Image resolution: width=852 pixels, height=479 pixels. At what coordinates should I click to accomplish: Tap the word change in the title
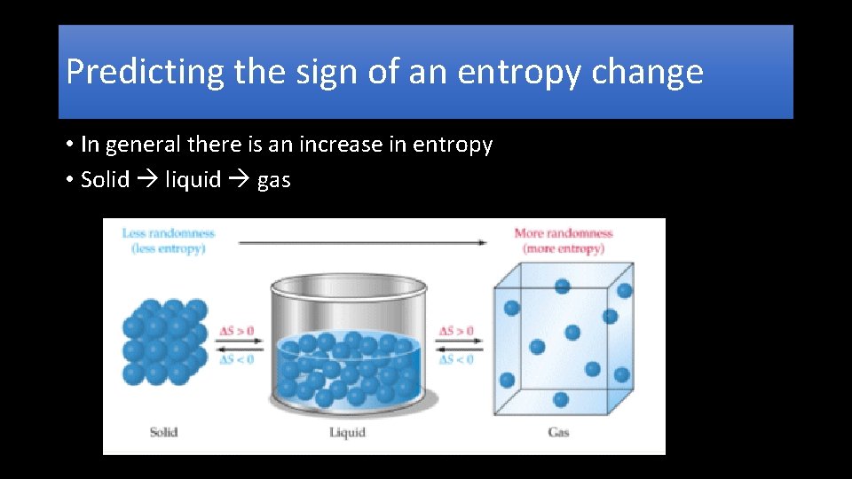pyautogui.click(x=657, y=72)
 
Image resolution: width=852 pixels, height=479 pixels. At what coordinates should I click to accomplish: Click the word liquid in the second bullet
pyautogui.click(x=193, y=180)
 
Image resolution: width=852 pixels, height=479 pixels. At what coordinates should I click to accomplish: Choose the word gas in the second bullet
pyautogui.click(x=273, y=181)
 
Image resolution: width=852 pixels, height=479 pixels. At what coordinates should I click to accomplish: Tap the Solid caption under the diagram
pyautogui.click(x=163, y=432)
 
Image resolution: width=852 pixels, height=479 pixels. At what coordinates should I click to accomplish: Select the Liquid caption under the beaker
pyautogui.click(x=347, y=432)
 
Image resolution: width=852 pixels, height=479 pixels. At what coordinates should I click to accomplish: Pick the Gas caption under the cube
pyautogui.click(x=558, y=432)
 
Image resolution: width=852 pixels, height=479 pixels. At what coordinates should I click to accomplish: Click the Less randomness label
pyautogui.click(x=168, y=233)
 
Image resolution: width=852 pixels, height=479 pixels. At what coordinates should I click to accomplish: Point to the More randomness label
pyautogui.click(x=564, y=233)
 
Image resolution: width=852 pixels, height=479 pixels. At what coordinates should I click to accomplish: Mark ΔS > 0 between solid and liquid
pyautogui.click(x=237, y=332)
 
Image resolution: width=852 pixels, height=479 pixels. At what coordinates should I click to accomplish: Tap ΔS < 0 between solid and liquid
pyautogui.click(x=237, y=359)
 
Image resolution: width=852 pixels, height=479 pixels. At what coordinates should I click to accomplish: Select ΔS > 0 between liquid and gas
pyautogui.click(x=456, y=332)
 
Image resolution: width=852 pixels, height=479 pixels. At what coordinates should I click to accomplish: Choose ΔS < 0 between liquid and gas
pyautogui.click(x=456, y=359)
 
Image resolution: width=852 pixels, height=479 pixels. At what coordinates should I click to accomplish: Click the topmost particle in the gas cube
pyautogui.click(x=562, y=286)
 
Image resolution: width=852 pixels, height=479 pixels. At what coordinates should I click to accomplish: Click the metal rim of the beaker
pyautogui.click(x=348, y=287)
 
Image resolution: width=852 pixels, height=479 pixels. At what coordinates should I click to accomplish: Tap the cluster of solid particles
pyautogui.click(x=164, y=341)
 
